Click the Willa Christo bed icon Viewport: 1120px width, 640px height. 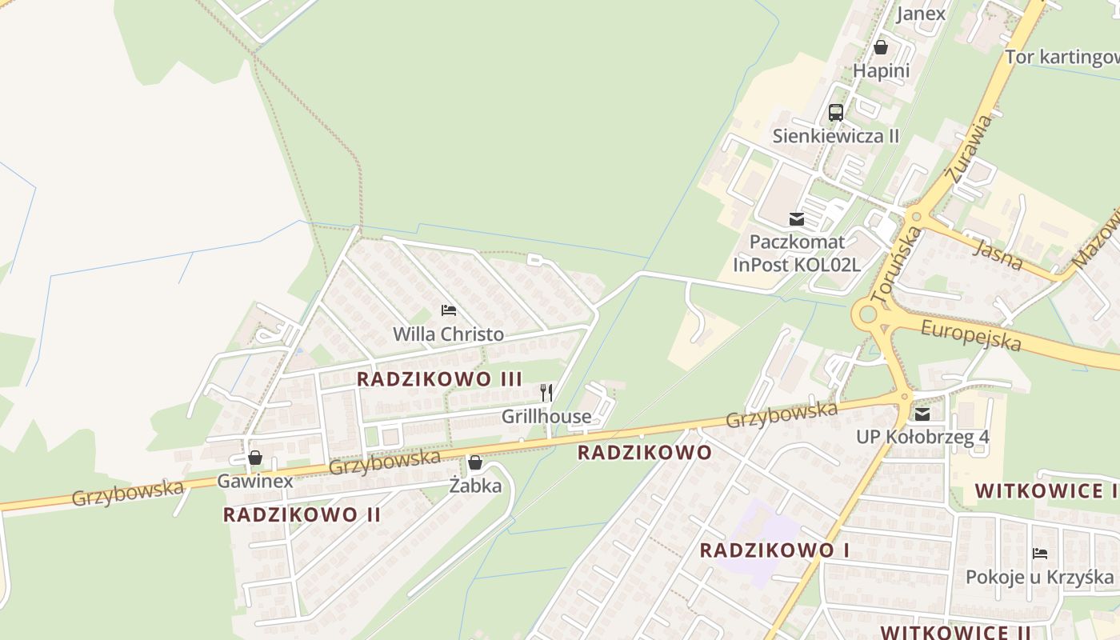(x=449, y=310)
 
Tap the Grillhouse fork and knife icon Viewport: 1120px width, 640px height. (x=546, y=392)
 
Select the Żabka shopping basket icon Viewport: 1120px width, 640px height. (x=475, y=462)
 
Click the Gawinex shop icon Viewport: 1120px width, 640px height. (x=255, y=458)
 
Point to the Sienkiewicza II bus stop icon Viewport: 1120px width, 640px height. (x=836, y=113)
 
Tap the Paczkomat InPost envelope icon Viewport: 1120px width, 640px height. (x=796, y=218)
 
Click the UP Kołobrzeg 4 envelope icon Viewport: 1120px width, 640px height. (x=922, y=414)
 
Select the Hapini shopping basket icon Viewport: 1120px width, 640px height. (x=881, y=47)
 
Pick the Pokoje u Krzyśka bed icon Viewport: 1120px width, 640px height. (x=1040, y=553)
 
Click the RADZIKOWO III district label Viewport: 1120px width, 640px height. (x=439, y=379)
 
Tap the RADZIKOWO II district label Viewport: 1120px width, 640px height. (x=302, y=514)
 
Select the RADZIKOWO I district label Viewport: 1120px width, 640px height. (x=774, y=550)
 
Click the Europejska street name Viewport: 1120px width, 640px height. (x=971, y=335)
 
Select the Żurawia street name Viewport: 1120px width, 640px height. (x=969, y=150)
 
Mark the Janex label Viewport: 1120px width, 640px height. (x=921, y=14)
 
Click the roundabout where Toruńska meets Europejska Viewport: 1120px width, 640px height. (x=867, y=315)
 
